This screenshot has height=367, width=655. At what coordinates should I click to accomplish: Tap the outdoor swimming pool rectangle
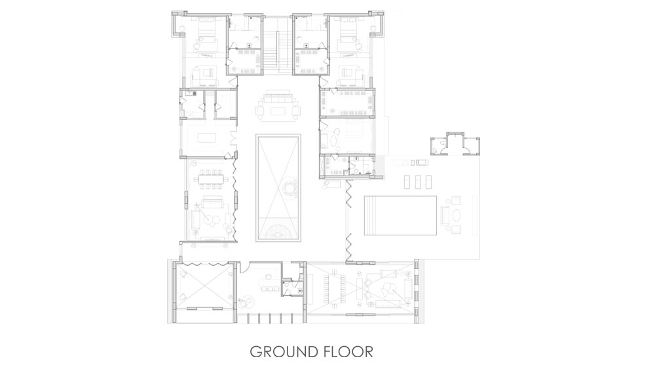[x=401, y=216]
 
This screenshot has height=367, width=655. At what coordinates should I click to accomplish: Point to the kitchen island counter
[x=206, y=137]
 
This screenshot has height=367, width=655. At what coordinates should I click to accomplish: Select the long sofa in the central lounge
[x=278, y=99]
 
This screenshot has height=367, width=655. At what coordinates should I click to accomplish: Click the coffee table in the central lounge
[x=278, y=111]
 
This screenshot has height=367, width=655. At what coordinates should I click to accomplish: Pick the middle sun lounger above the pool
[x=418, y=182]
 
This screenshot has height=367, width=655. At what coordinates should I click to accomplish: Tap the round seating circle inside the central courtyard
[x=290, y=189]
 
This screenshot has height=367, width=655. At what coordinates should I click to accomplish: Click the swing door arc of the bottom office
[x=244, y=267]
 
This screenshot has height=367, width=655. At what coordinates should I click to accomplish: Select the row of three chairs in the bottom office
[x=269, y=288]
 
